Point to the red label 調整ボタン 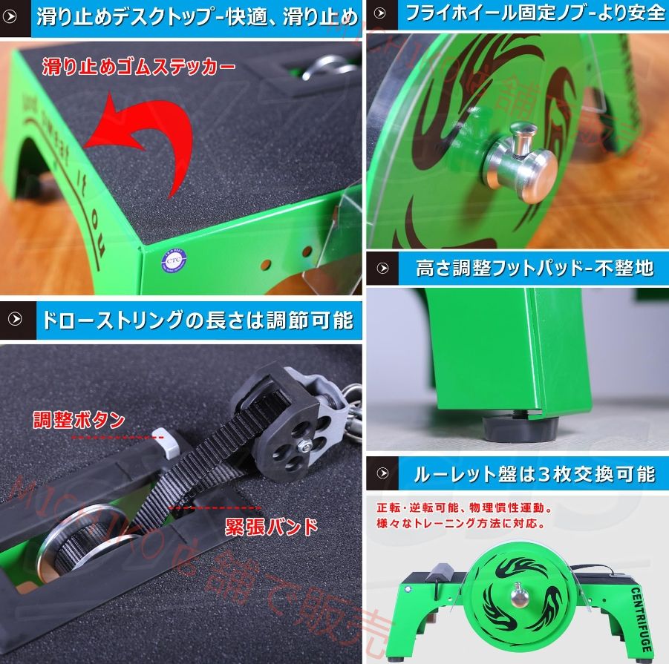[78, 420]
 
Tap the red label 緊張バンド [271, 527]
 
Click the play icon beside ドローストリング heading [16, 321]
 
